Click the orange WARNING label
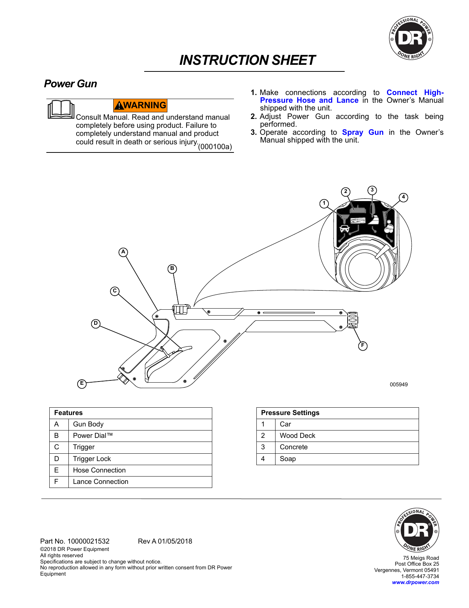(x=141, y=105)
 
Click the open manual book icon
(x=61, y=109)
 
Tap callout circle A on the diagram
(x=123, y=252)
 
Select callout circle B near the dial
(x=172, y=269)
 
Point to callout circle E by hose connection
(x=82, y=384)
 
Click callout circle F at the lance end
(x=363, y=346)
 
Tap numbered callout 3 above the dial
(x=372, y=190)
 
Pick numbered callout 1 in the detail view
(x=324, y=203)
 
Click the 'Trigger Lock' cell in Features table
(x=92, y=459)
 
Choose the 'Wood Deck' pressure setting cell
(x=297, y=436)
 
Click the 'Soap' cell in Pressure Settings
(x=288, y=459)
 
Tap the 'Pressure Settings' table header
(x=290, y=413)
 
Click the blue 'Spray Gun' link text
(x=363, y=133)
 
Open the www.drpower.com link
(x=415, y=583)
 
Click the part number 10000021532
(x=88, y=541)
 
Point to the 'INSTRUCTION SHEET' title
(x=247, y=60)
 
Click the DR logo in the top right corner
(x=411, y=38)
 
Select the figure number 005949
(x=399, y=384)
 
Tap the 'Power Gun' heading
(x=71, y=84)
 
